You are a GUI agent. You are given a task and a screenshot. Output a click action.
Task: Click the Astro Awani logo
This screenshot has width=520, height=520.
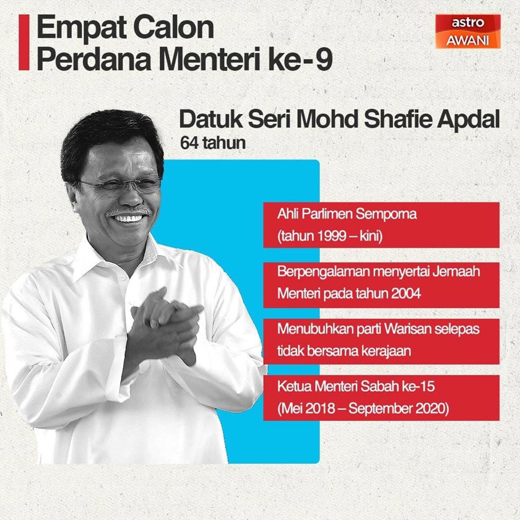[x=468, y=32]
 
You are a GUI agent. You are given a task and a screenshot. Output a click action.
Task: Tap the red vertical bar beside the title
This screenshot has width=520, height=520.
[x=24, y=42]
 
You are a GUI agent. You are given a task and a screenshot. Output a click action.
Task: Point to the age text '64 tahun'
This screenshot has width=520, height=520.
[x=213, y=143]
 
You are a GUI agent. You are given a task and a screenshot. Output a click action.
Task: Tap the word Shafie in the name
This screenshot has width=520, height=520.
[x=392, y=120]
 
